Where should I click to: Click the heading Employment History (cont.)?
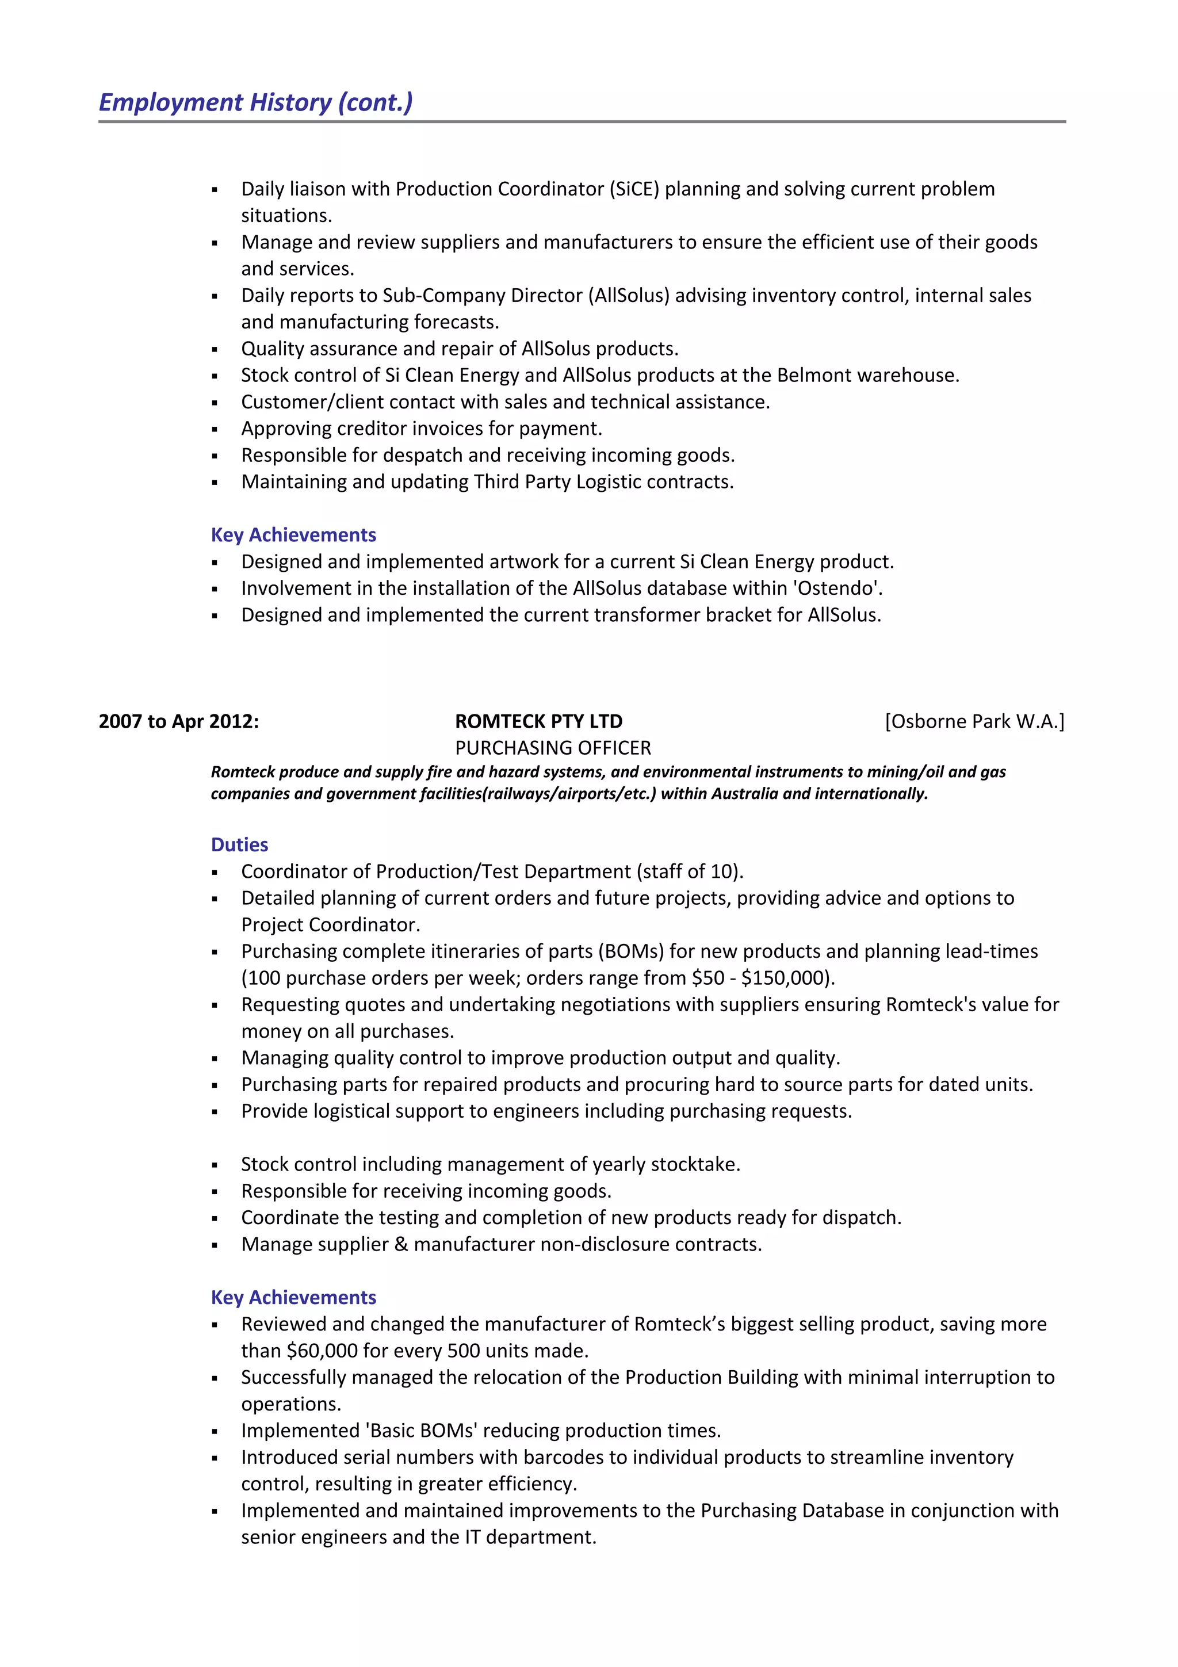[x=255, y=102]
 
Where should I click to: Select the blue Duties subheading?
[x=239, y=844]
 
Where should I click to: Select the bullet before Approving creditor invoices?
[x=215, y=430]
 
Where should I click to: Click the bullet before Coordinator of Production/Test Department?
[x=215, y=873]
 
